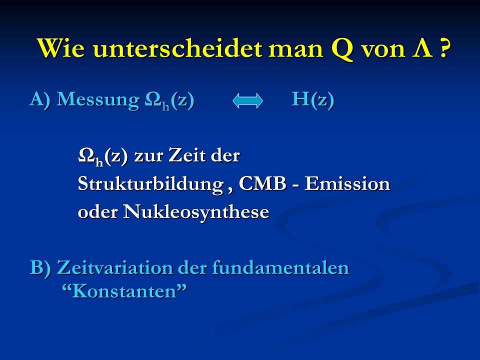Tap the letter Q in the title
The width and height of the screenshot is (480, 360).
(342, 49)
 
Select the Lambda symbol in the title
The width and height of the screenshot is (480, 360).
(422, 48)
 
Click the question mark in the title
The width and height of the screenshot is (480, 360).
(445, 48)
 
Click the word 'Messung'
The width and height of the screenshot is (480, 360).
(98, 100)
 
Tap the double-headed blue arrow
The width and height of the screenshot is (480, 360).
(247, 100)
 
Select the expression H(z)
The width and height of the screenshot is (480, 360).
(313, 100)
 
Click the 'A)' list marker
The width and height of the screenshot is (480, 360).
(40, 100)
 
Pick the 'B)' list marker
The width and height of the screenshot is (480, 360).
(40, 268)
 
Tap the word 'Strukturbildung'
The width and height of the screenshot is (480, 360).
(150, 185)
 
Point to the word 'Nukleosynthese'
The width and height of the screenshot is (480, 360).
(196, 212)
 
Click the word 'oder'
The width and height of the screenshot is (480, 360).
(97, 212)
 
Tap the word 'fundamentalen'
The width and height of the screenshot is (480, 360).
(280, 267)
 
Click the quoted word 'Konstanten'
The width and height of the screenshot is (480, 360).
(124, 291)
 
